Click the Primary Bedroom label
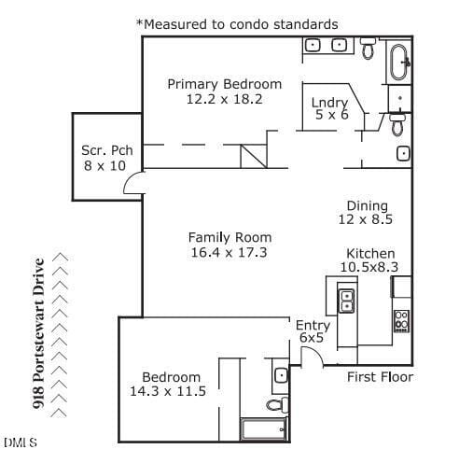point(224,84)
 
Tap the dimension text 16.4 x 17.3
point(229,252)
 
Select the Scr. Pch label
point(107,150)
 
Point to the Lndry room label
point(329,103)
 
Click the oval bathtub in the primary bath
point(399,63)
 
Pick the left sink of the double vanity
point(313,46)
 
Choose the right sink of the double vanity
point(340,45)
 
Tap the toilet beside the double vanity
point(368,49)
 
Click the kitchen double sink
point(346,301)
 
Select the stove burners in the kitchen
point(401,321)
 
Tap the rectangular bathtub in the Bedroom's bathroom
point(264,429)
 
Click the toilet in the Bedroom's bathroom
point(277,404)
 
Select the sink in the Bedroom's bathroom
point(281,375)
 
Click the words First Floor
point(380,377)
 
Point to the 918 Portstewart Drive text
point(38,333)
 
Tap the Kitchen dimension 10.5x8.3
point(369,267)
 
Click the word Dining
point(368,206)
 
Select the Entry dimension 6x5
point(312,338)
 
